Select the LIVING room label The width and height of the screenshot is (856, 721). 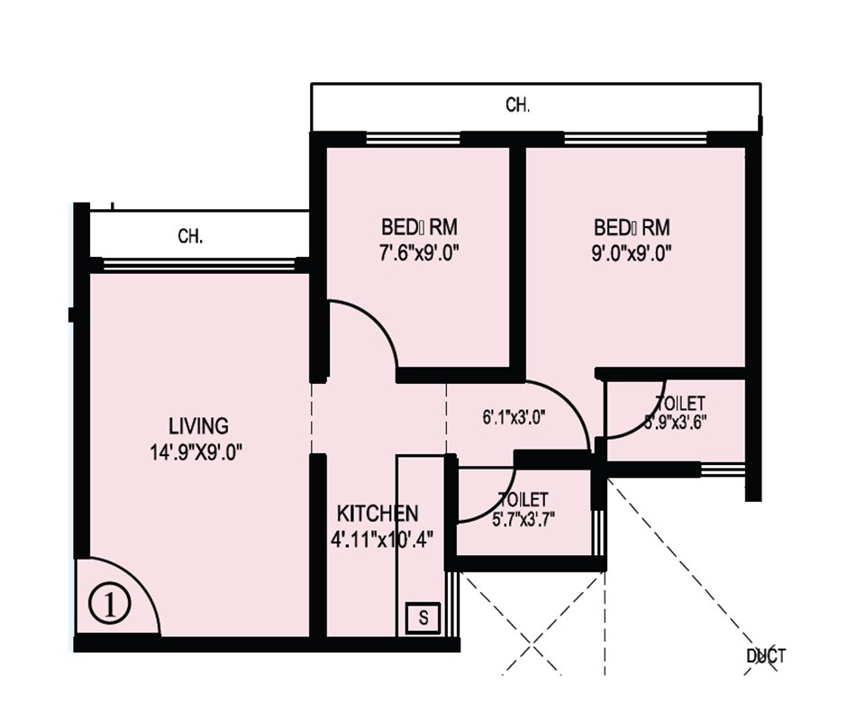pos(198,425)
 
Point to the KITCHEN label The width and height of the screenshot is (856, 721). pos(377,514)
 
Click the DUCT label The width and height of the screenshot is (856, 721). pos(766,656)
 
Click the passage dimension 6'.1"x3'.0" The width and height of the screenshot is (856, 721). pos(516,416)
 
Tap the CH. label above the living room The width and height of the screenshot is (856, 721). pos(190,237)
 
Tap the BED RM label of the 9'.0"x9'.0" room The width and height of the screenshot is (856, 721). pos(631,225)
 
